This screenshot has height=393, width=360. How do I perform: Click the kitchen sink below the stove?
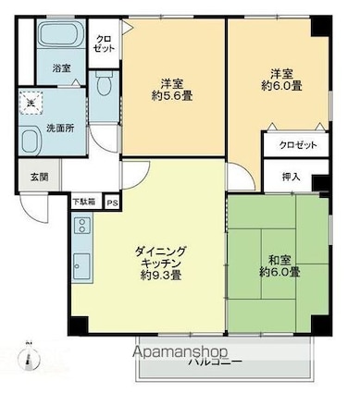pyautogui.click(x=81, y=262)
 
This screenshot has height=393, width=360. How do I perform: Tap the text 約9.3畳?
pyautogui.click(x=160, y=275)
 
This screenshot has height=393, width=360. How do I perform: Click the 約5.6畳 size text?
pyautogui.click(x=173, y=93)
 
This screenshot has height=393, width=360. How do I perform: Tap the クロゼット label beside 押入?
pyautogui.click(x=295, y=146)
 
